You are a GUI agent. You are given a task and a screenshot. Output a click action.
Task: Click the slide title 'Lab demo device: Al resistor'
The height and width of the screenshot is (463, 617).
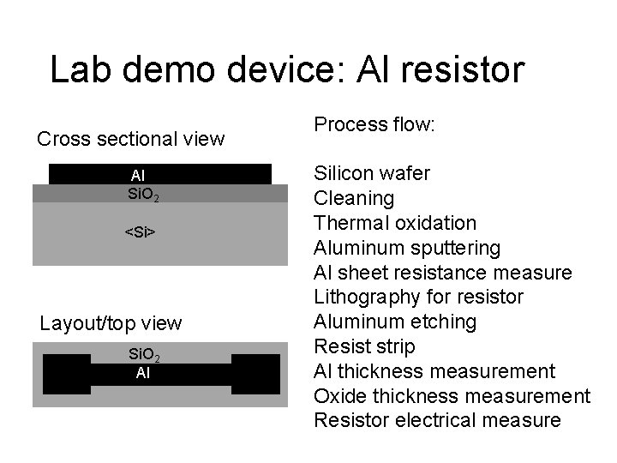(x=286, y=70)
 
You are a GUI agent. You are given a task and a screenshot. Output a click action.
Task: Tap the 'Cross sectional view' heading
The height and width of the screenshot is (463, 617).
(x=130, y=138)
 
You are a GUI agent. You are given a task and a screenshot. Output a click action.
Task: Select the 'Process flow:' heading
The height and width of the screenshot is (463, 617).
(x=374, y=124)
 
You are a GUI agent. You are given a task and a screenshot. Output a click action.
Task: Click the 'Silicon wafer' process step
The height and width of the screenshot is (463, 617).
(x=372, y=174)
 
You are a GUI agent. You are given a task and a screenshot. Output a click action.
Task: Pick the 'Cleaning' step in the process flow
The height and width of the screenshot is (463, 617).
(x=354, y=199)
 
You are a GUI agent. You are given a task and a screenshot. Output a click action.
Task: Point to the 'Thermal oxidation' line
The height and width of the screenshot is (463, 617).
(x=395, y=223)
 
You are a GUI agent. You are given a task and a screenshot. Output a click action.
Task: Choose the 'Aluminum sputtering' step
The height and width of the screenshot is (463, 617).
(x=407, y=248)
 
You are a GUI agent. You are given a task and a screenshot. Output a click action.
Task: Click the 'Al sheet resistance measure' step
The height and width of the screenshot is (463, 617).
(x=442, y=273)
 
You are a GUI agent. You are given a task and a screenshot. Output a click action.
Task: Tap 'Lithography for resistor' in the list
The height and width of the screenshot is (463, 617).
(x=419, y=298)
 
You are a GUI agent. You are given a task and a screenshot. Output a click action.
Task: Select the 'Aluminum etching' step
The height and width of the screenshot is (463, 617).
(x=395, y=322)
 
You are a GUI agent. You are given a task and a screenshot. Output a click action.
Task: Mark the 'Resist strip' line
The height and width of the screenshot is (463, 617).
(x=364, y=346)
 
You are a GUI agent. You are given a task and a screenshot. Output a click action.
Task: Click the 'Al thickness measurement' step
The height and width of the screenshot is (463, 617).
(x=434, y=371)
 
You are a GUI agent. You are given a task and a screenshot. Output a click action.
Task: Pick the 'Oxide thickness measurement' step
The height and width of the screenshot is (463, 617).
(x=452, y=396)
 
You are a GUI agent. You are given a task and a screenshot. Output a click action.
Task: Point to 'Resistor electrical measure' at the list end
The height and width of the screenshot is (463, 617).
(x=437, y=420)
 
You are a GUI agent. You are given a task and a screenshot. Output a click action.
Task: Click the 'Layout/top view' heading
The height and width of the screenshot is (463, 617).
(x=111, y=323)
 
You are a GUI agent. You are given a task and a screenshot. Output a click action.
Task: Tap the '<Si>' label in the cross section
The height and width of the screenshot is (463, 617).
(x=140, y=231)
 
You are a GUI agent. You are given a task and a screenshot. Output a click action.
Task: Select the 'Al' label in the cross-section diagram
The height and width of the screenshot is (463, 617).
(x=138, y=176)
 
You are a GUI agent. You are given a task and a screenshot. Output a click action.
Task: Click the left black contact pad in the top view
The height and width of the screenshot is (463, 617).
(x=66, y=375)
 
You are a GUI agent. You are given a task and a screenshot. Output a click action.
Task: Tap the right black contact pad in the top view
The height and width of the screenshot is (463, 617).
(x=255, y=375)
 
